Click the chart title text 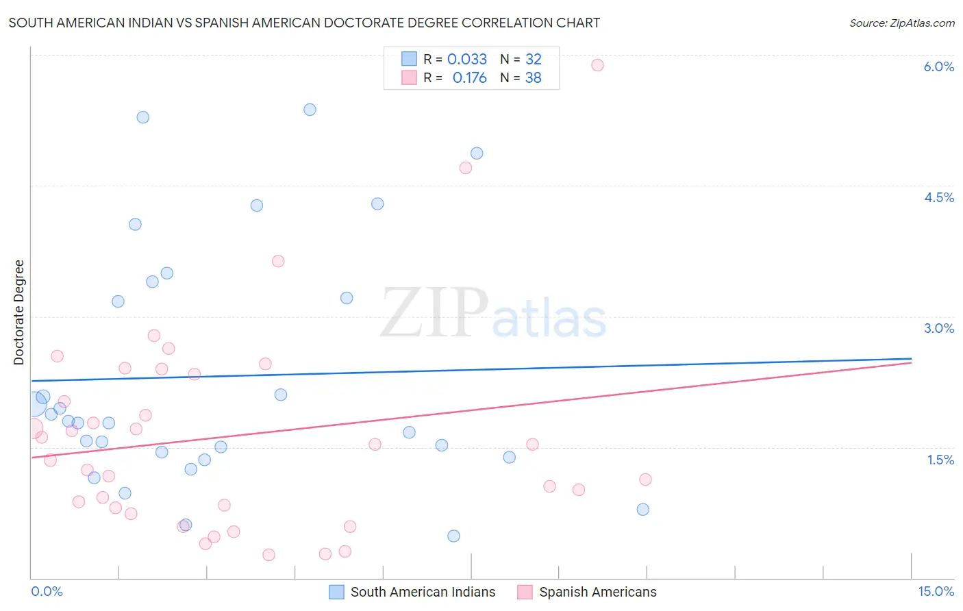coord(304,23)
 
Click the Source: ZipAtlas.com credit coord(901,23)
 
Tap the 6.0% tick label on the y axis coord(938,66)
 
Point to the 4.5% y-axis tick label coord(938,197)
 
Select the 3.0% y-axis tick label coord(938,328)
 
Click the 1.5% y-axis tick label coord(940,460)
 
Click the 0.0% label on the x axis coord(47,591)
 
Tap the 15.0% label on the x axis coord(936,591)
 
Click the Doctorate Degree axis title coord(19,312)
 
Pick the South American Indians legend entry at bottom coord(412,592)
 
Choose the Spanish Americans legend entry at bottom coord(587,592)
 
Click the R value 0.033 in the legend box coord(467,60)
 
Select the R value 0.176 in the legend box coord(470,78)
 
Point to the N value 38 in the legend coord(534,78)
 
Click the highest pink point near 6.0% coord(597,65)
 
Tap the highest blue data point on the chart coord(310,110)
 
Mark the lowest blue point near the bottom coord(453,536)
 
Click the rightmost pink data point coord(645,479)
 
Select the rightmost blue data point coord(642,509)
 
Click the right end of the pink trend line coord(911,362)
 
